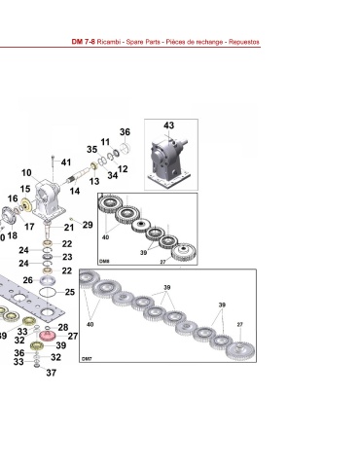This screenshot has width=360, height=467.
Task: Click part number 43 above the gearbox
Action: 168,126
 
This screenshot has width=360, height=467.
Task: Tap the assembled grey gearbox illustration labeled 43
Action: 169,159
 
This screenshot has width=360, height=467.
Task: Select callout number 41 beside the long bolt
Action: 66,162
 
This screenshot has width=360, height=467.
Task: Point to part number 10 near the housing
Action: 26,173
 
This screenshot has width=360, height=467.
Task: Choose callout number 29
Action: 88,225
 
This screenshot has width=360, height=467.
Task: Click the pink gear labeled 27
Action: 48,336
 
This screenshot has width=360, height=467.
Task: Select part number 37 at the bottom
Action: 51,373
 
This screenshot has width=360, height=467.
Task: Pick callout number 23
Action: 67,257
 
